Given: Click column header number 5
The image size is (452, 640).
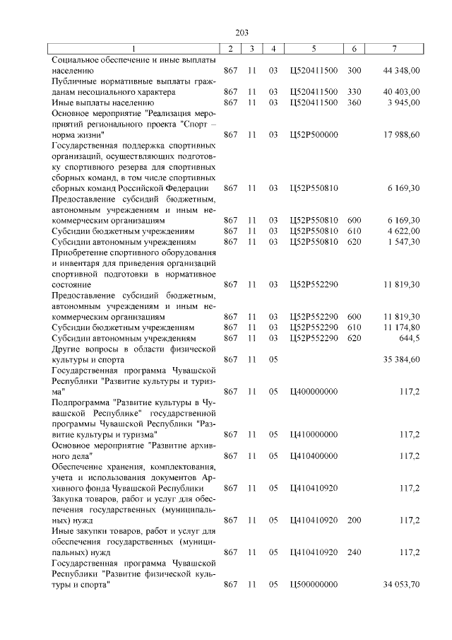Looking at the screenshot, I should tap(314, 48).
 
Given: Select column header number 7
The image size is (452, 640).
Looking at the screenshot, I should tap(395, 48).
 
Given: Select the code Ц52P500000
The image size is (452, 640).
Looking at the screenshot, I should tap(314, 134).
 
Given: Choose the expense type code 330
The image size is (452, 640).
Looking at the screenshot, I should tap(355, 92).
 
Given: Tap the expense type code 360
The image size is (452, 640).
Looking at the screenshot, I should tap(355, 103).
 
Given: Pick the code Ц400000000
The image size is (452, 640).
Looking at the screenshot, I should tap(314, 391).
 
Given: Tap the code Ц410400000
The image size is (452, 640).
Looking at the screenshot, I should tap(314, 455).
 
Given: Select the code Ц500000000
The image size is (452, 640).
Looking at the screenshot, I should tap(314, 584).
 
